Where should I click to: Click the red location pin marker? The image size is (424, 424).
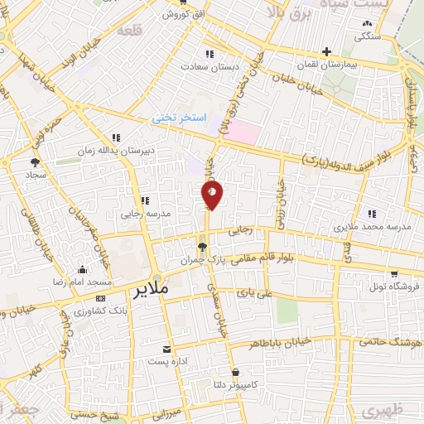[x=212, y=195]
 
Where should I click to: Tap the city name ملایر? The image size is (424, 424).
[x=149, y=291]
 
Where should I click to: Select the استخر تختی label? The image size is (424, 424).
[x=176, y=118]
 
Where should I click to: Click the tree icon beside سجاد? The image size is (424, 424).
[x=35, y=163]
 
